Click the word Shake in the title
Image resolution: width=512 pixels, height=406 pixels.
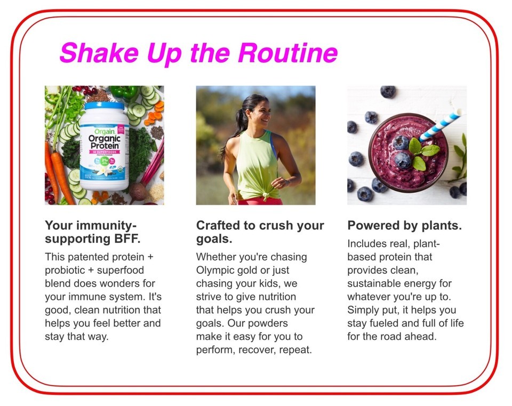99,53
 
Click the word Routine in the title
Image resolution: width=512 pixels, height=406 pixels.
287,53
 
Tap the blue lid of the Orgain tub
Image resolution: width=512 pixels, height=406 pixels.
104,106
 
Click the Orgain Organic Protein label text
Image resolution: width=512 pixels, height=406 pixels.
104,139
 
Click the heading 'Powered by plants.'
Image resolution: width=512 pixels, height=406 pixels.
405,225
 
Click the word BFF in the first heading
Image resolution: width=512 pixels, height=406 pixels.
127,239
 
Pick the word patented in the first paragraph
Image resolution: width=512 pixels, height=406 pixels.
89,257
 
